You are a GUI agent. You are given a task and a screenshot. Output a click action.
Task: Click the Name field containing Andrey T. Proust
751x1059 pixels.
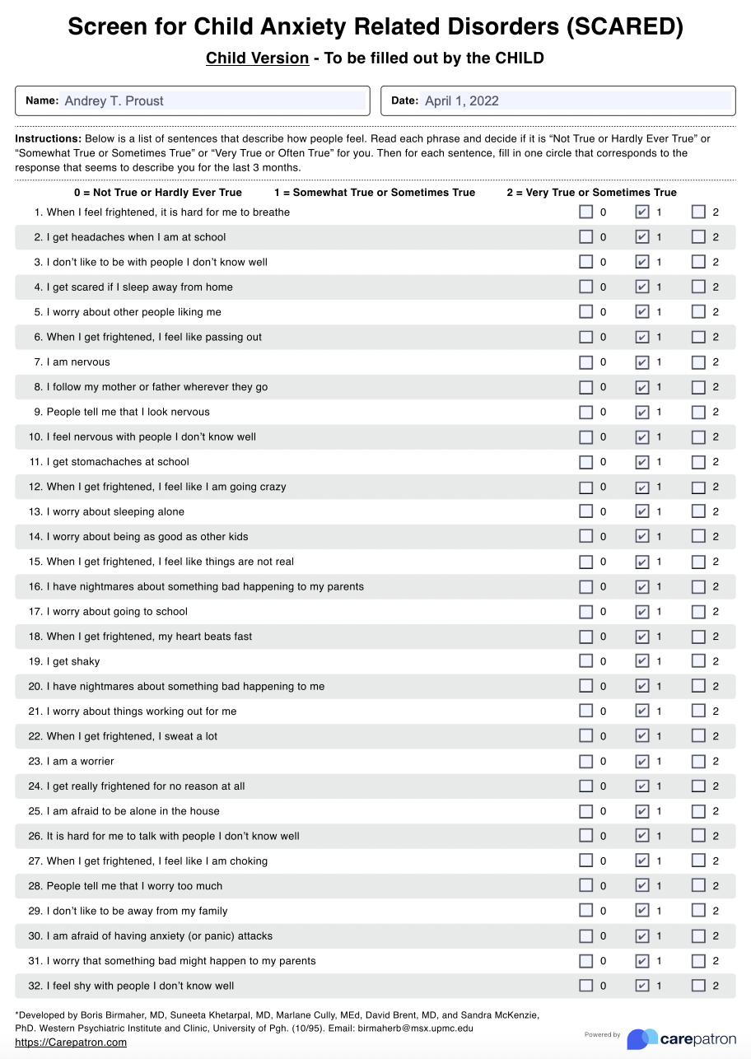point(214,100)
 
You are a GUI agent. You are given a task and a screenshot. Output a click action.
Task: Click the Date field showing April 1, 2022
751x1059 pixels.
point(576,100)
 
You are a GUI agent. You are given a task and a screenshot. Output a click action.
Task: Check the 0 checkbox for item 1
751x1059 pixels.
point(585,212)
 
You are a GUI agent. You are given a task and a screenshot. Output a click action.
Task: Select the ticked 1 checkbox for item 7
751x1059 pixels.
point(642,362)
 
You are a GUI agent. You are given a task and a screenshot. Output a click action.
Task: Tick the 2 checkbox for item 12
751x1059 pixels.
point(698,487)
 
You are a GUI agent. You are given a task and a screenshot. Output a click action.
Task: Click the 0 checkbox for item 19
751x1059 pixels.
point(585,661)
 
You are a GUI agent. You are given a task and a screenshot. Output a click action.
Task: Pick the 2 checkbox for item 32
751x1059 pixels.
point(698,986)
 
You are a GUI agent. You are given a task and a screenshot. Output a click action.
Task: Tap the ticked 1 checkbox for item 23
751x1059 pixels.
point(642,761)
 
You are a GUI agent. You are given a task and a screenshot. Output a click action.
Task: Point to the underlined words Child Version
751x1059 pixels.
point(257,58)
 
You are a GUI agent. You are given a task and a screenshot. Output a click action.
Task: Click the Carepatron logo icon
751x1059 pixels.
point(642,1038)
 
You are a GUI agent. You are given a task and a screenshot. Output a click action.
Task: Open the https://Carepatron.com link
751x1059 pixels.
point(71,1043)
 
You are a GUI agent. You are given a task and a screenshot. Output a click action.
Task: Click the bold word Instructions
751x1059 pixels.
point(48,139)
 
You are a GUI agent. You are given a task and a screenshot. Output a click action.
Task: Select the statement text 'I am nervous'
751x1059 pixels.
point(78,362)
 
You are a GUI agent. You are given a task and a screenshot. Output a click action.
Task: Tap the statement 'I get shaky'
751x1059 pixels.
point(73,661)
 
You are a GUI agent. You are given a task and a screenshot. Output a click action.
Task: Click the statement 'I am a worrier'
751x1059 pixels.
point(80,761)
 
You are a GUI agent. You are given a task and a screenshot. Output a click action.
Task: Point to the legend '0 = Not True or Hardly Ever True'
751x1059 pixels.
point(158,193)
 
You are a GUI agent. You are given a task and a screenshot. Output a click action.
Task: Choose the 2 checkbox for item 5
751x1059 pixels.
point(698,312)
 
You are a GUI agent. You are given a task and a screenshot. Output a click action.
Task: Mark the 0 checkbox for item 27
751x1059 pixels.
point(585,861)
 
